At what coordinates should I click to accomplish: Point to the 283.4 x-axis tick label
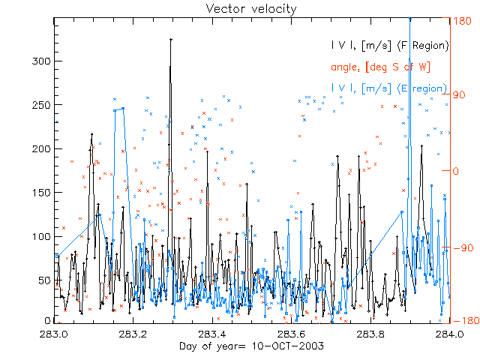coord(213,334)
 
